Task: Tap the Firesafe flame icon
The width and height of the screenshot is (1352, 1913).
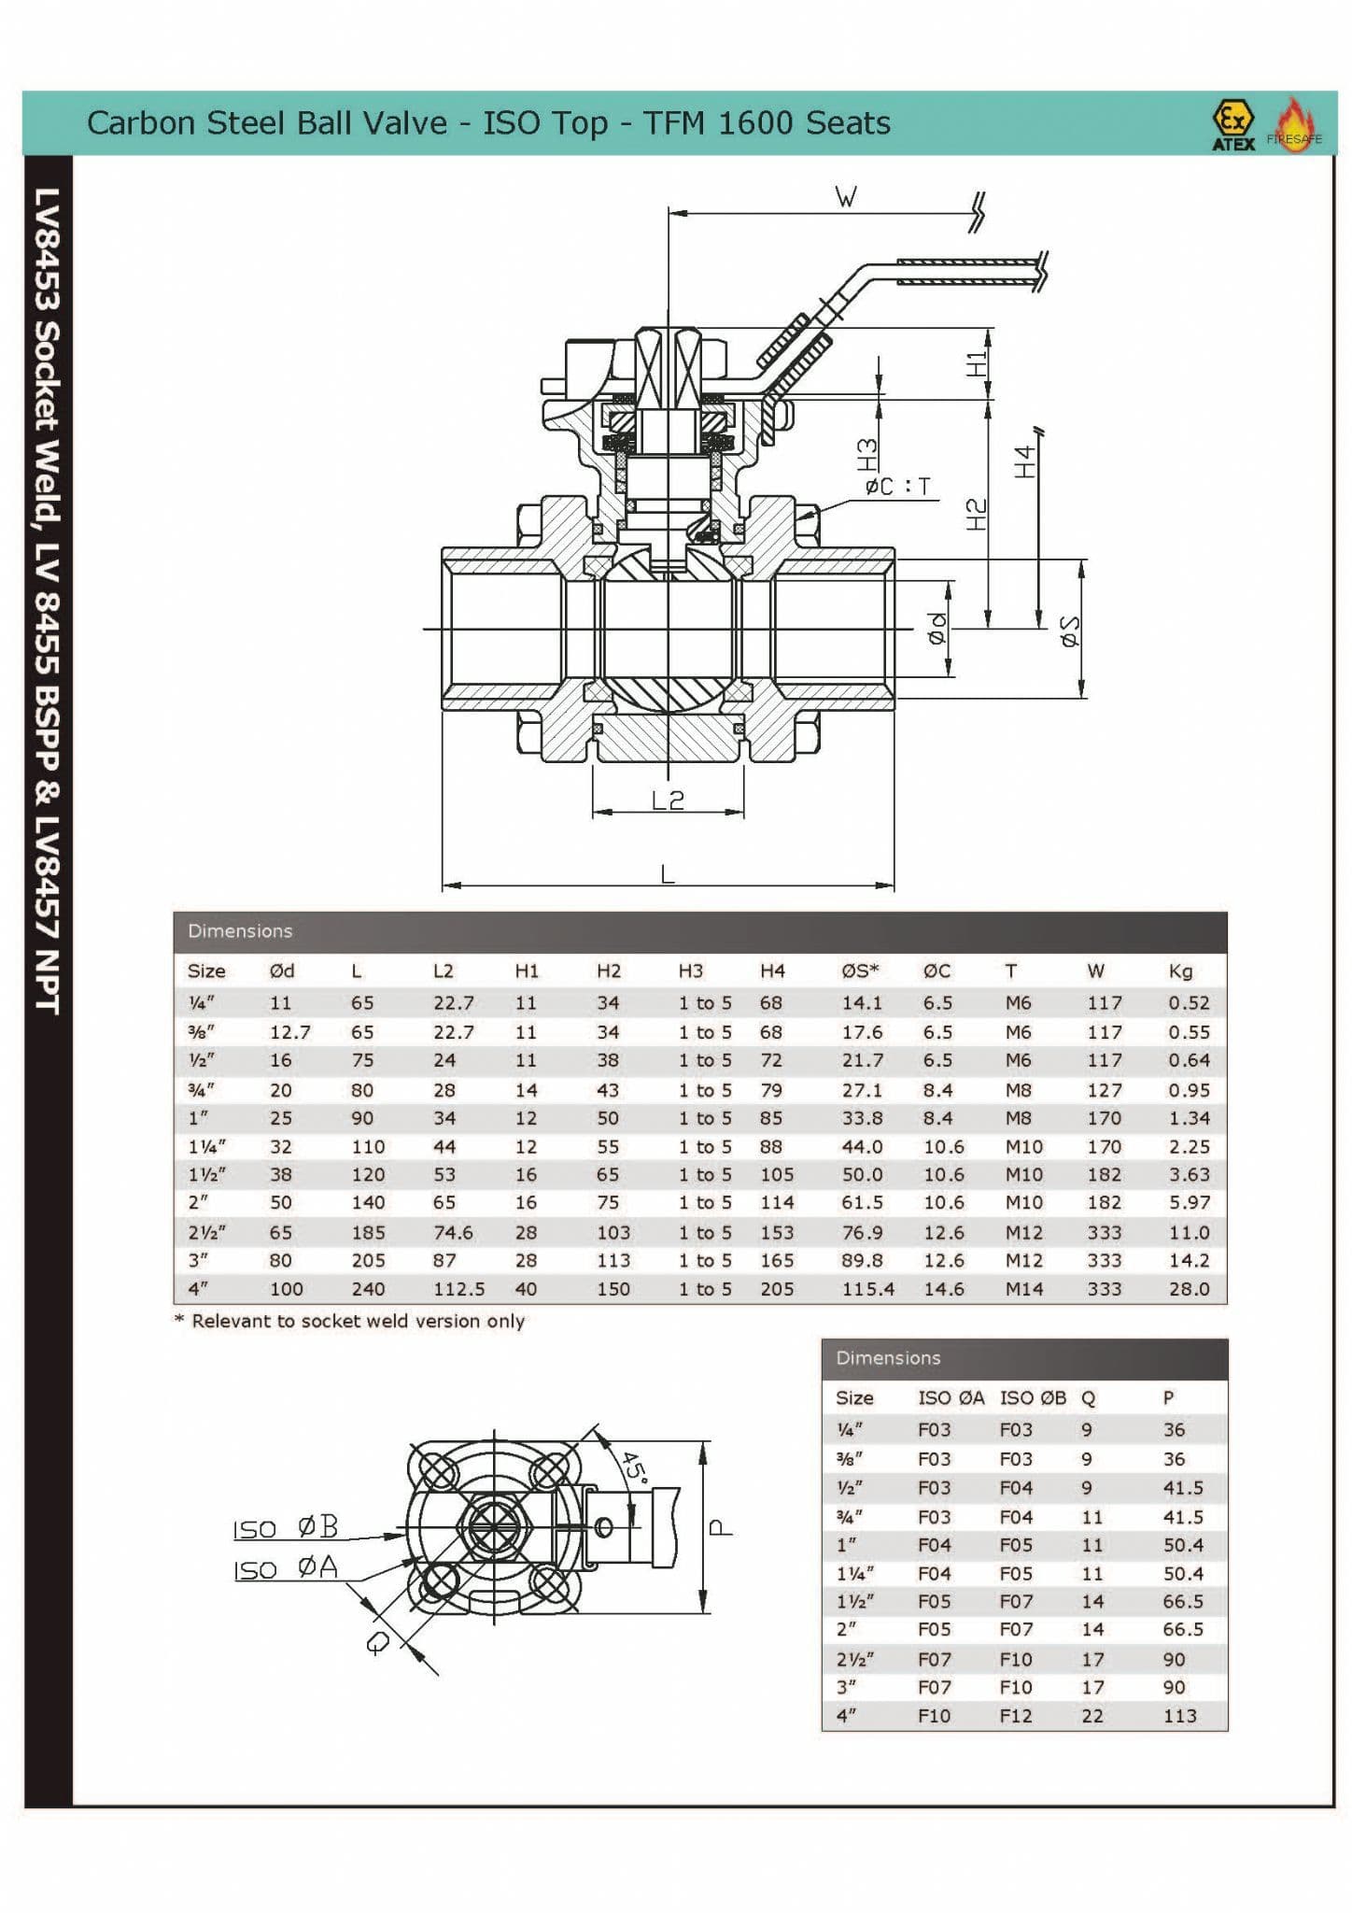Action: pyautogui.click(x=1296, y=124)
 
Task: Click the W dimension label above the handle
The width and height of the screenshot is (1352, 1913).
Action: pyautogui.click(x=845, y=197)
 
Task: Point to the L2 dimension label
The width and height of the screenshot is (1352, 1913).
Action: pyautogui.click(x=668, y=800)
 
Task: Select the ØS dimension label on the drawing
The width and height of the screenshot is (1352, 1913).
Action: pyautogui.click(x=1070, y=631)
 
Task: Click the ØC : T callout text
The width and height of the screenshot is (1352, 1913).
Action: pyautogui.click(x=897, y=487)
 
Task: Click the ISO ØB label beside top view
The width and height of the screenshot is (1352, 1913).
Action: pyautogui.click(x=285, y=1528)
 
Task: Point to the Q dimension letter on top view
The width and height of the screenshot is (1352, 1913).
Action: pyautogui.click(x=377, y=1642)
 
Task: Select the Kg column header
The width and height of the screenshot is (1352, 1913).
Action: pyautogui.click(x=1180, y=971)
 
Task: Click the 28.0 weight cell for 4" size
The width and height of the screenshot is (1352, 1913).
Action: pyautogui.click(x=1189, y=1288)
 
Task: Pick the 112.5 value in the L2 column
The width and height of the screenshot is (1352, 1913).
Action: pyautogui.click(x=458, y=1288)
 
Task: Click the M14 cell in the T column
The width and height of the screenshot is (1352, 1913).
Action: pyautogui.click(x=1023, y=1288)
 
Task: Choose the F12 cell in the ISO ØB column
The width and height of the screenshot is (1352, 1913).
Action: pyautogui.click(x=1016, y=1715)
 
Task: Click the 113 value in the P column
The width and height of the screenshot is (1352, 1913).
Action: pyautogui.click(x=1179, y=1715)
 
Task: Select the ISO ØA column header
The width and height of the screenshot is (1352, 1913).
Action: pyautogui.click(x=951, y=1397)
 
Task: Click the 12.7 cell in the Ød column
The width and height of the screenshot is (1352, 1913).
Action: pyautogui.click(x=289, y=1032)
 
